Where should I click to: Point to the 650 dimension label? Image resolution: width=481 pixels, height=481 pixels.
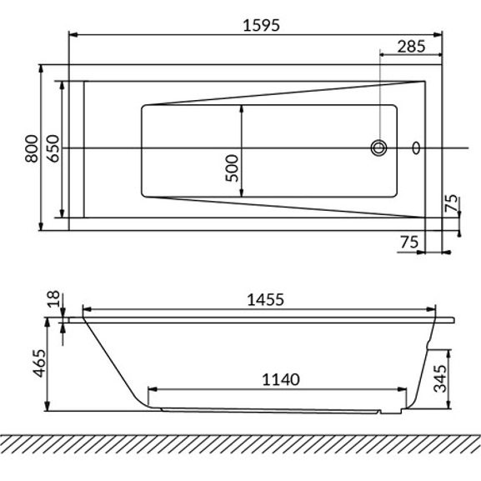coord(51,147)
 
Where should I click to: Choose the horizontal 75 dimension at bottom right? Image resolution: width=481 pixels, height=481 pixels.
coord(408,241)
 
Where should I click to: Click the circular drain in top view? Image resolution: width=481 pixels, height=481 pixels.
coord(379,148)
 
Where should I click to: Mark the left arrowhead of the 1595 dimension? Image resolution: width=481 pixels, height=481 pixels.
coord(72,35)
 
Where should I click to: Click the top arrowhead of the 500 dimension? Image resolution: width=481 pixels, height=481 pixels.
coord(242,108)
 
